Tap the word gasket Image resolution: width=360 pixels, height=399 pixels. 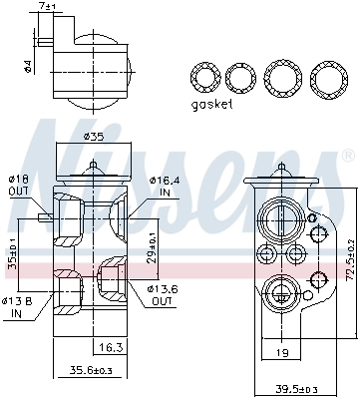tap(211, 103)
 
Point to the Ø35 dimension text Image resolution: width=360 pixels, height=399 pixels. tap(94, 136)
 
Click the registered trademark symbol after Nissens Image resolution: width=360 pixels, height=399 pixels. tap(346, 157)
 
